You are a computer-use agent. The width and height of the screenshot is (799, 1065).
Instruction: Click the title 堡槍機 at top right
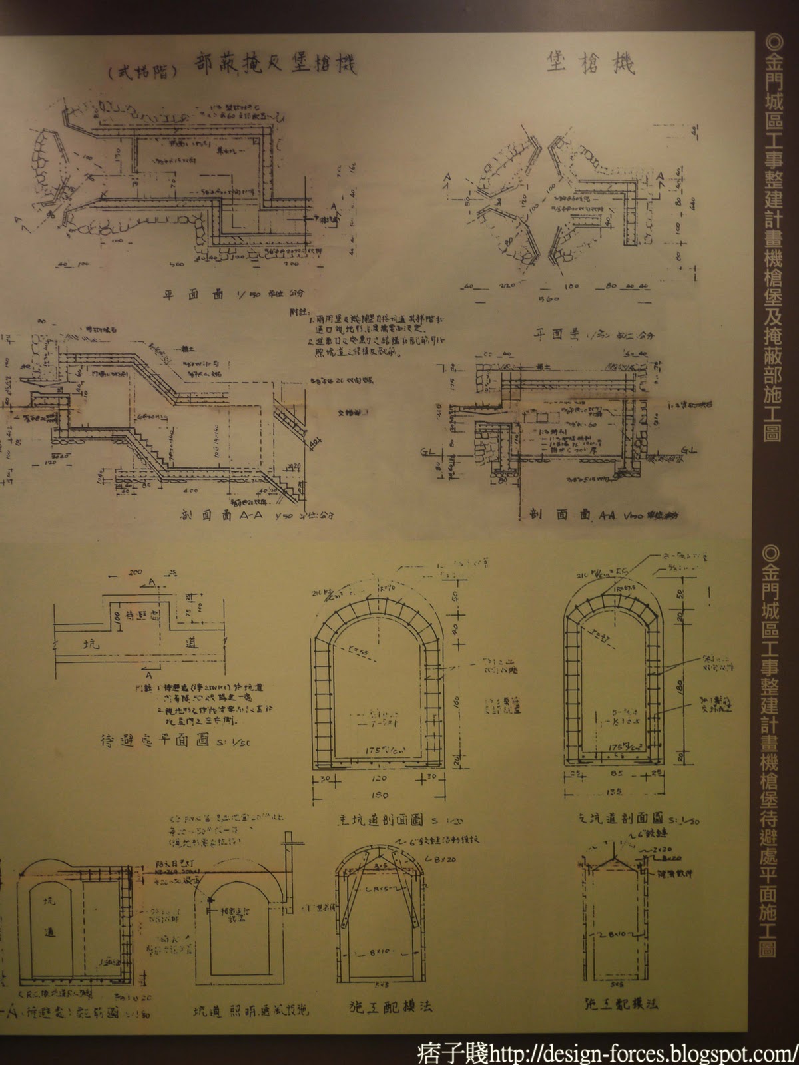590,63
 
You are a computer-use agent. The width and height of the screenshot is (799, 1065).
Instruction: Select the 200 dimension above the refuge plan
137,572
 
